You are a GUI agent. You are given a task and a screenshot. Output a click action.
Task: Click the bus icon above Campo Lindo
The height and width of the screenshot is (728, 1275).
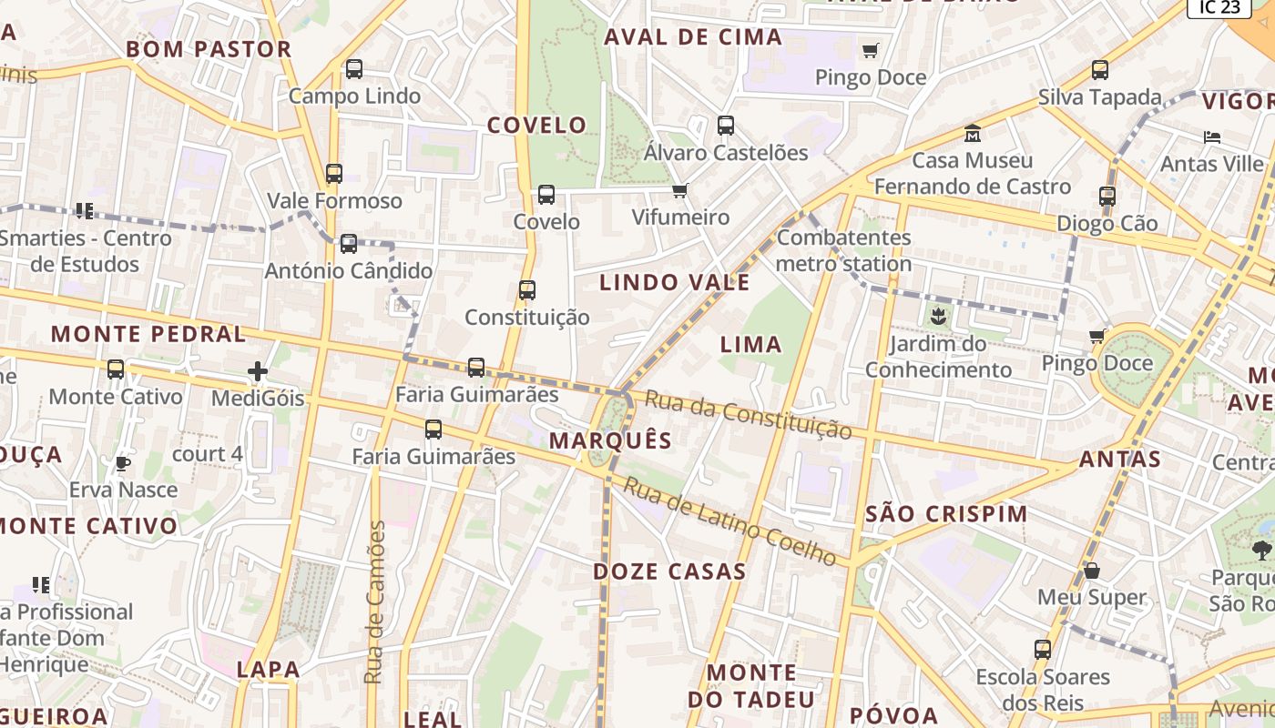[x=354, y=69]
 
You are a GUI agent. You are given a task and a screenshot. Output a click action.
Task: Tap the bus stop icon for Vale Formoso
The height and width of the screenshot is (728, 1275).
[x=334, y=173]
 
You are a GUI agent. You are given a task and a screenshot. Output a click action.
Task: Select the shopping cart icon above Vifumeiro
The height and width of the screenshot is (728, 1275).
[x=679, y=190]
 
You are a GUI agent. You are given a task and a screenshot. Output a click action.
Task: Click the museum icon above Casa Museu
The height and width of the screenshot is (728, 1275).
[x=973, y=133]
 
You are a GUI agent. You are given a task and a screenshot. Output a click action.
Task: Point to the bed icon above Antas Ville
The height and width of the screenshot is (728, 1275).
[x=1212, y=137]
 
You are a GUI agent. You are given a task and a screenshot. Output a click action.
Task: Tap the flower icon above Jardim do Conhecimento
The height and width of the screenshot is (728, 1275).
[x=938, y=318]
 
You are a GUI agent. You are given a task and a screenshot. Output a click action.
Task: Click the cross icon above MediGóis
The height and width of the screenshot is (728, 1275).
[x=258, y=371]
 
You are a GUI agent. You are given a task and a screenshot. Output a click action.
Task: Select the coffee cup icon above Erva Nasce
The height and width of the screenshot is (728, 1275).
[x=123, y=463]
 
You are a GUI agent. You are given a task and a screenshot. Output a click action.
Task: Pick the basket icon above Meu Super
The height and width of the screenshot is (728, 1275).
[x=1092, y=571]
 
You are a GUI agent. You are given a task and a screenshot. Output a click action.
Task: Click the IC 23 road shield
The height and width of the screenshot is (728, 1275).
[x=1219, y=7]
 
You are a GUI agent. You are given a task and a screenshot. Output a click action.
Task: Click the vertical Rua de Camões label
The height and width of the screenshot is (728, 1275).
[x=374, y=602]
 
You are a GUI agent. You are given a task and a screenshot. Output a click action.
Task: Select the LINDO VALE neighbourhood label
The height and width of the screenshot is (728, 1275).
[x=675, y=282]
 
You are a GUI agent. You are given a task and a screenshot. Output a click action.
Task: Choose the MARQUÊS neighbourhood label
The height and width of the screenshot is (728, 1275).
[x=611, y=440]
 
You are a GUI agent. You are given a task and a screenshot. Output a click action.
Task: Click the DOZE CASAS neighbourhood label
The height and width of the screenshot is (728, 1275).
[x=669, y=571]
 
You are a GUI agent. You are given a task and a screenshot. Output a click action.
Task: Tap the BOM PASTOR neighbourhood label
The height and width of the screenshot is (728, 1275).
[x=209, y=49]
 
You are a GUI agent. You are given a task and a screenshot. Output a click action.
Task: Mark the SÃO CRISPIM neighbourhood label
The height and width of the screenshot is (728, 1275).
[x=946, y=513]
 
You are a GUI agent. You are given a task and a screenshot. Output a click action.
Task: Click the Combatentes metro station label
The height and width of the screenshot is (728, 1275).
[x=843, y=250]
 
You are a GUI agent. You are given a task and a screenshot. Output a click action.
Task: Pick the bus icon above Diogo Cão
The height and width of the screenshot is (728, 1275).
[x=1107, y=196]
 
